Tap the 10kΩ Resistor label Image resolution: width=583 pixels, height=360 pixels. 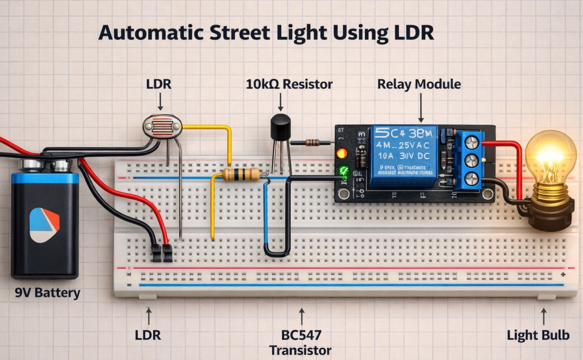click(x=289, y=84)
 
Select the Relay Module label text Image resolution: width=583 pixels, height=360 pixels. click(x=419, y=84)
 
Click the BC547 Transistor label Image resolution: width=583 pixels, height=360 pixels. click(x=301, y=342)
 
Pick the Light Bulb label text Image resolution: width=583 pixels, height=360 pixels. click(x=538, y=336)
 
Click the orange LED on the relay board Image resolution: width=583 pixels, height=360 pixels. click(x=342, y=153)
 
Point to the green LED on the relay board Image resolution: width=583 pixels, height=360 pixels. click(x=344, y=170)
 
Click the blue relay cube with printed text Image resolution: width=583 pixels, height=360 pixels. click(x=405, y=157)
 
